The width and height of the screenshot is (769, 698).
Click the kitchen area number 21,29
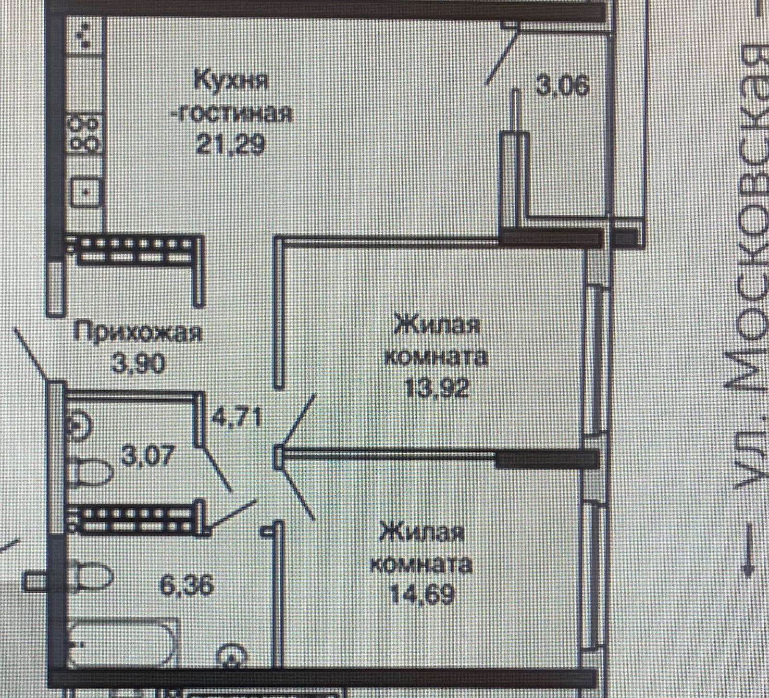click(230, 144)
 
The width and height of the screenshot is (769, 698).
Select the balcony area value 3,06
click(562, 88)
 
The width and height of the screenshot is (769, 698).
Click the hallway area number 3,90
click(138, 364)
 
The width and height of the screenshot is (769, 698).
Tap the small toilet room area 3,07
click(146, 455)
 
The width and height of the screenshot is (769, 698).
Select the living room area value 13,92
click(436, 387)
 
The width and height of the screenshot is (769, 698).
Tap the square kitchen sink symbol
click(87, 192)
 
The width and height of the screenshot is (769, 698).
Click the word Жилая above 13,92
click(436, 326)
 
